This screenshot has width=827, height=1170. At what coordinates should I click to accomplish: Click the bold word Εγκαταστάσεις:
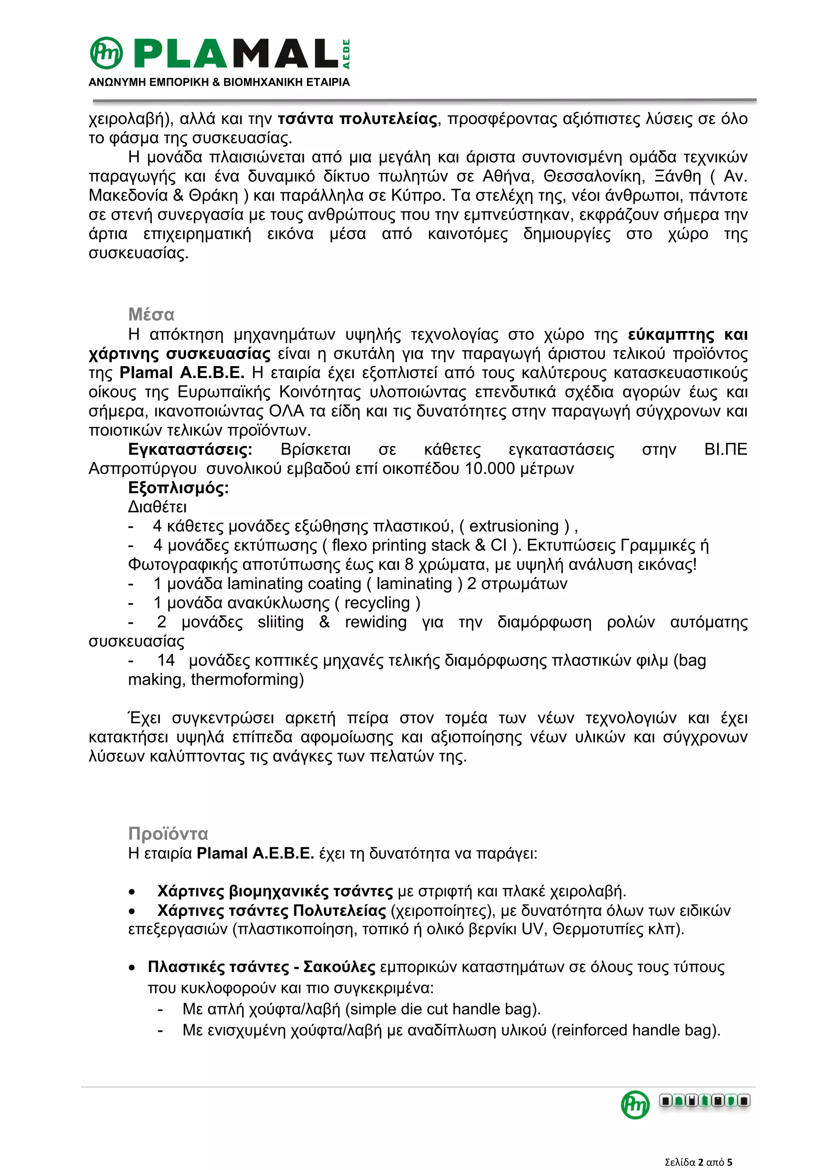coord(190,449)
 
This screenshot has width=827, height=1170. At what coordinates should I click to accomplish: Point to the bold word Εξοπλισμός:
coord(178,488)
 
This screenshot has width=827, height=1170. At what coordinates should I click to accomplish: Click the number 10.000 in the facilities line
coord(490,469)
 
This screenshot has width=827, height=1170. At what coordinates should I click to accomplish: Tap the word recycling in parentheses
coord(377,603)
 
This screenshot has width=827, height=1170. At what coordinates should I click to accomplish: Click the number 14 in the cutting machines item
coord(166,661)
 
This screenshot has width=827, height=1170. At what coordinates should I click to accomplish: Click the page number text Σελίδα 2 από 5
coord(698,1162)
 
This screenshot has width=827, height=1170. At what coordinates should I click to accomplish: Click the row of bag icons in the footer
coord(704,1101)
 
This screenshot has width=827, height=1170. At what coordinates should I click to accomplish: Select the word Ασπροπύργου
coord(143,469)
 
